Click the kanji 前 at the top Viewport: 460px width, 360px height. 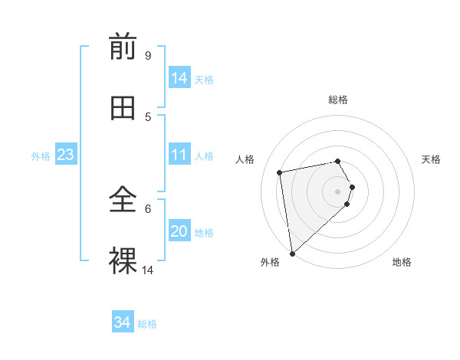(x=123, y=48)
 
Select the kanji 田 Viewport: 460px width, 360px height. (x=123, y=109)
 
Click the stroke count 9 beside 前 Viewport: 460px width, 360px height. (x=147, y=56)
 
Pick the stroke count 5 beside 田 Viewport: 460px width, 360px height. (x=148, y=116)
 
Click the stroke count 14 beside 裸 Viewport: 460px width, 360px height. (x=148, y=270)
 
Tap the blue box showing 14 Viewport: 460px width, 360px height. (x=179, y=78)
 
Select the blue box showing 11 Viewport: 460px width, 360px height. (x=179, y=155)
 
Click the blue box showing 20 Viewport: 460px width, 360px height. (x=179, y=231)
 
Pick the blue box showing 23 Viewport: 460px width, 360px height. (x=66, y=155)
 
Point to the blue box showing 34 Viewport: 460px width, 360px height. (x=123, y=323)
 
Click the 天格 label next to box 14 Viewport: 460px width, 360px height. (x=204, y=80)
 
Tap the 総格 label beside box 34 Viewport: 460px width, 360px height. (x=147, y=325)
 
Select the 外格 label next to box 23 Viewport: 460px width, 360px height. (x=41, y=156)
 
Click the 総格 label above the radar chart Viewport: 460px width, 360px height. (x=338, y=100)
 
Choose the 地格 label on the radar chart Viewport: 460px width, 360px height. (x=402, y=262)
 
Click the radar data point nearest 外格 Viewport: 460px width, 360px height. (x=292, y=254)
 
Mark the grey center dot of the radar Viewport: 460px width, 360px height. (x=338, y=191)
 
